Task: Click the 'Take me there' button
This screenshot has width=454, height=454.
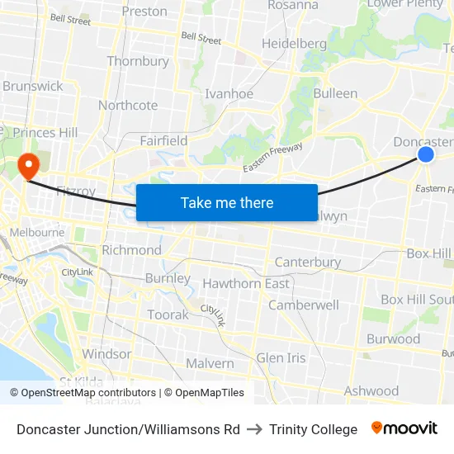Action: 227,202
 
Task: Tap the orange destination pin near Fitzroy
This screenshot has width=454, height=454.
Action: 28,165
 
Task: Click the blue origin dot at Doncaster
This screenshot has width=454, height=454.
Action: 426,154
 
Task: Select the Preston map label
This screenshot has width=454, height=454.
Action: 144,12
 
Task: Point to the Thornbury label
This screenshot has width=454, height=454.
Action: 138,61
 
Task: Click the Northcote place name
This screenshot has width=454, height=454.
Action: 128,105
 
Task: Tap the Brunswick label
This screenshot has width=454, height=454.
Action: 33,86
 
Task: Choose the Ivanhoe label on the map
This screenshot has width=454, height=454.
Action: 229,94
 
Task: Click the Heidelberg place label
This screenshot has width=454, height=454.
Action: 295,43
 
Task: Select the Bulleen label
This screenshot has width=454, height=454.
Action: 335,93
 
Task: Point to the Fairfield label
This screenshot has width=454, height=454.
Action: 163,140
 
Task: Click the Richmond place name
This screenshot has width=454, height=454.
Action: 131,250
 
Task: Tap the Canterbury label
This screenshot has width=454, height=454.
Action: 308,262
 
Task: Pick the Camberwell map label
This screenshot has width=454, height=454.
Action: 304,305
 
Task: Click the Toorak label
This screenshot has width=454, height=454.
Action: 168,314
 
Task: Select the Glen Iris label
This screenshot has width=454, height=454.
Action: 281,357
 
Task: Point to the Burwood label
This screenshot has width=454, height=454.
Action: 393,338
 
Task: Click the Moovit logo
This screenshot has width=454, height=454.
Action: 404,428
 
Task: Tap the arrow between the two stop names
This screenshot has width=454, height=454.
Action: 254,429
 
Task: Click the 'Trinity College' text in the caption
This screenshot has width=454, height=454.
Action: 313,429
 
